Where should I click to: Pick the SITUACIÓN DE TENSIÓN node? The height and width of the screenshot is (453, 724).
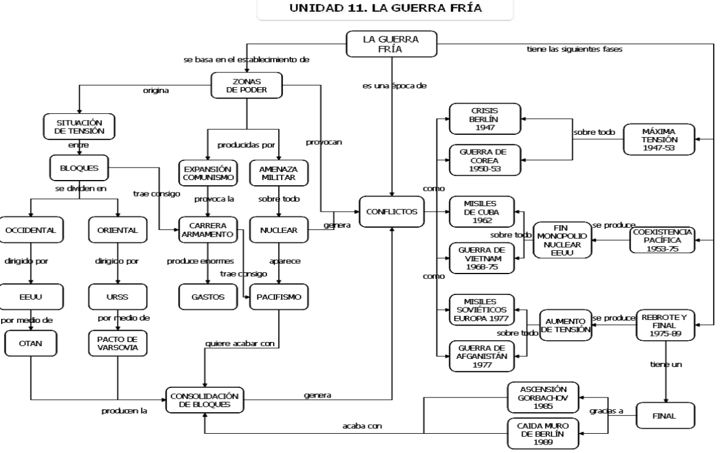[79, 126]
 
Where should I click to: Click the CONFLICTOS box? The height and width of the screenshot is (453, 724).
[391, 212]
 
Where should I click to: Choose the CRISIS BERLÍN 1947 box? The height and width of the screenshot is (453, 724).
[485, 119]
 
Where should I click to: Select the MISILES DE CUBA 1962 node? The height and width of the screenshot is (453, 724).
[485, 212]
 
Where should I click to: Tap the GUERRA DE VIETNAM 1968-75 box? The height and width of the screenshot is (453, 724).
[485, 258]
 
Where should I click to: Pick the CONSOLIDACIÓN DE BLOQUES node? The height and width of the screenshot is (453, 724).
[205, 400]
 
